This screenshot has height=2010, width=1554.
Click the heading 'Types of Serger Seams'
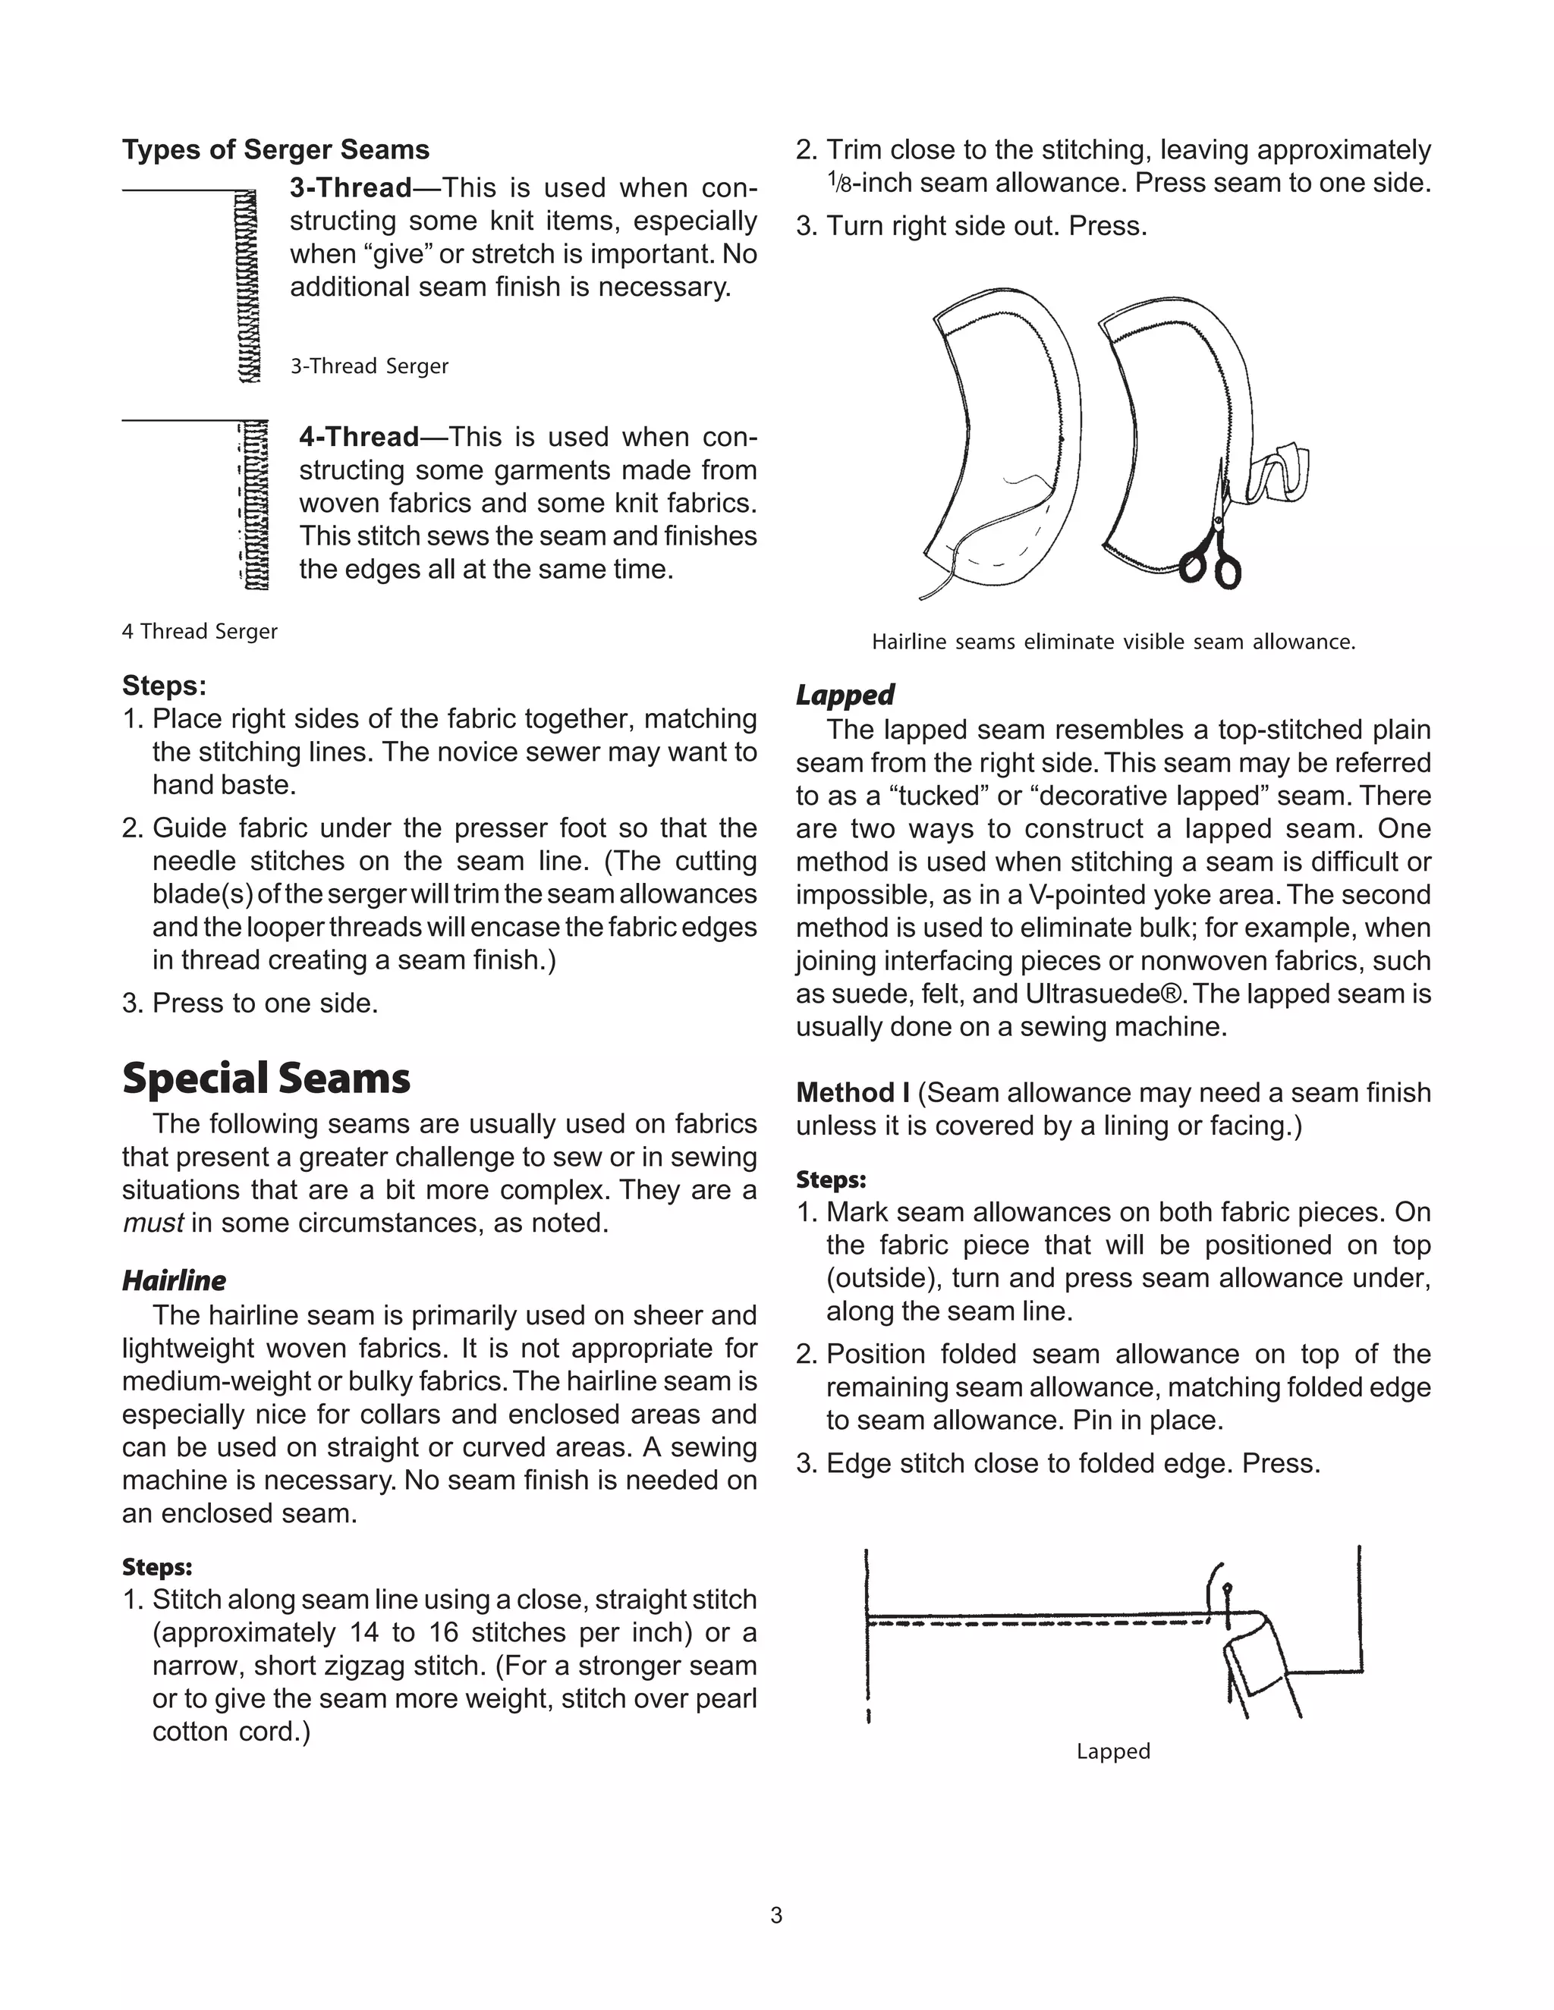(275, 150)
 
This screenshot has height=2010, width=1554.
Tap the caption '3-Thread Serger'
(370, 366)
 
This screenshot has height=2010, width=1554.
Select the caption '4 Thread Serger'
(199, 631)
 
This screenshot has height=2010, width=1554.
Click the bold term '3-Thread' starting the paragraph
(351, 188)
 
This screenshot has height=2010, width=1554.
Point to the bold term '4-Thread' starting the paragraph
(359, 436)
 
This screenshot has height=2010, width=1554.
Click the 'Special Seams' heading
(266, 1078)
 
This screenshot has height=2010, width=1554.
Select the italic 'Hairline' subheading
(173, 1280)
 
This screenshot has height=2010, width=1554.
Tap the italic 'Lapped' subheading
(845, 694)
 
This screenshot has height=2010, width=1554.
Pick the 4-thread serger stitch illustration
(255, 505)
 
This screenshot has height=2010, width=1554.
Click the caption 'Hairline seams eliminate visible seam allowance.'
(1113, 642)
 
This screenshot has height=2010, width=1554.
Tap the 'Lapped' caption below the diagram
(1113, 1751)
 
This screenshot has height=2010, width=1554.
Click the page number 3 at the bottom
(776, 1915)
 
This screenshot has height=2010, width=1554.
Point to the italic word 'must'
(153, 1223)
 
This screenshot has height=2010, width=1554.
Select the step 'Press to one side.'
(265, 1003)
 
